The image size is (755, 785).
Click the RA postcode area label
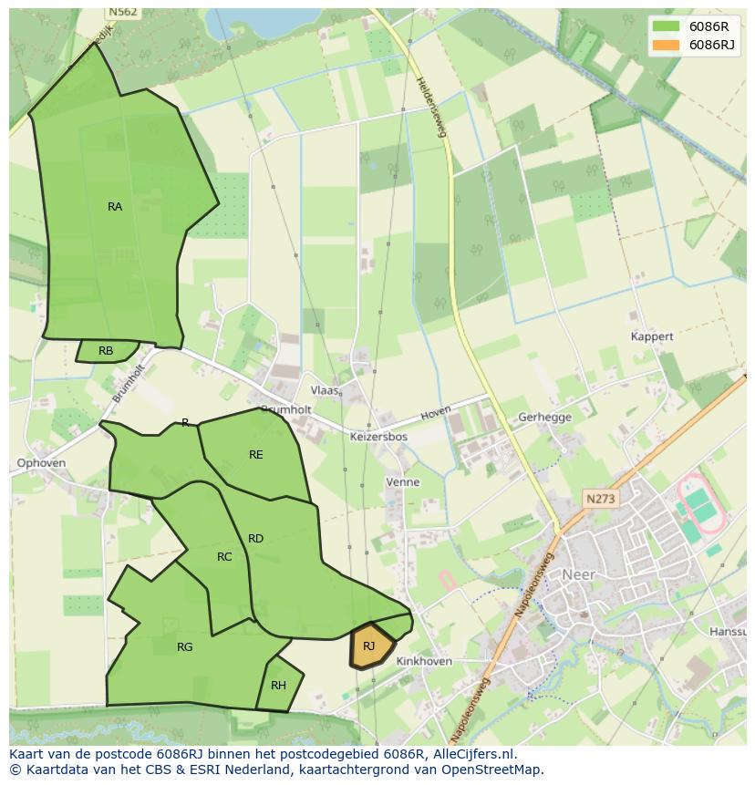[115, 207]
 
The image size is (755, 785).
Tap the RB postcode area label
[106, 351]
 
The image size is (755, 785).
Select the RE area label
[256, 454]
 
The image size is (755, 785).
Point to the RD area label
[255, 539]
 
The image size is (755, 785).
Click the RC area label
[224, 557]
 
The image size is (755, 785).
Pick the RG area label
[185, 647]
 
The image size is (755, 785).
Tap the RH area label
[278, 686]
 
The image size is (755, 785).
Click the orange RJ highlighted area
[371, 646]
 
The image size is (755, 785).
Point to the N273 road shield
[601, 499]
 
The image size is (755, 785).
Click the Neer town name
[578, 574]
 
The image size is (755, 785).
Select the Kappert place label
[652, 336]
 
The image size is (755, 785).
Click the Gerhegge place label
[544, 418]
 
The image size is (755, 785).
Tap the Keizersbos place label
[378, 437]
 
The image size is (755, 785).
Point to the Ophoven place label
[41, 463]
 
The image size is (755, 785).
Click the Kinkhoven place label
[424, 661]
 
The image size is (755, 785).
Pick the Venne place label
[403, 481]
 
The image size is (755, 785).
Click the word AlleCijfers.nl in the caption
[472, 754]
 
